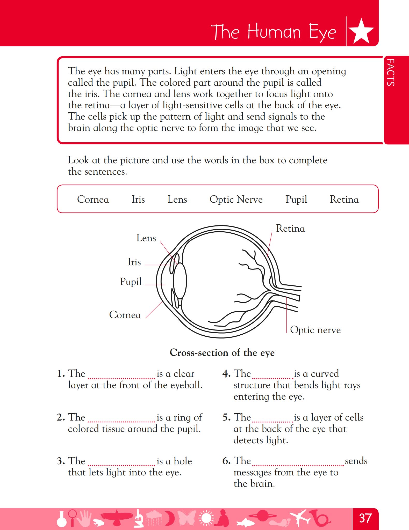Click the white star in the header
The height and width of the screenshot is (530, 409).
click(x=361, y=32)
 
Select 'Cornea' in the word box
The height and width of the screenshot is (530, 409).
click(x=93, y=199)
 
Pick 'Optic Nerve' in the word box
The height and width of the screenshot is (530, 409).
click(x=236, y=200)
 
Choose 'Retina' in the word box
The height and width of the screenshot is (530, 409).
click(x=344, y=199)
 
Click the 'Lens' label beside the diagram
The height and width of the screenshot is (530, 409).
click(x=146, y=238)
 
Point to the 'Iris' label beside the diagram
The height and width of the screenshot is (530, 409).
click(x=134, y=262)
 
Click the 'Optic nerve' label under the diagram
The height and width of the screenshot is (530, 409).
click(x=315, y=330)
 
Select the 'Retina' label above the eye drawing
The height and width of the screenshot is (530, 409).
click(x=290, y=229)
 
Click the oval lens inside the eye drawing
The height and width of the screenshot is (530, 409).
click(x=180, y=281)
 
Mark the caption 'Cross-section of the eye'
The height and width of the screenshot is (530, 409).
click(x=222, y=353)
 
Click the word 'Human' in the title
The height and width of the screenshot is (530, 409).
click(x=274, y=32)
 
